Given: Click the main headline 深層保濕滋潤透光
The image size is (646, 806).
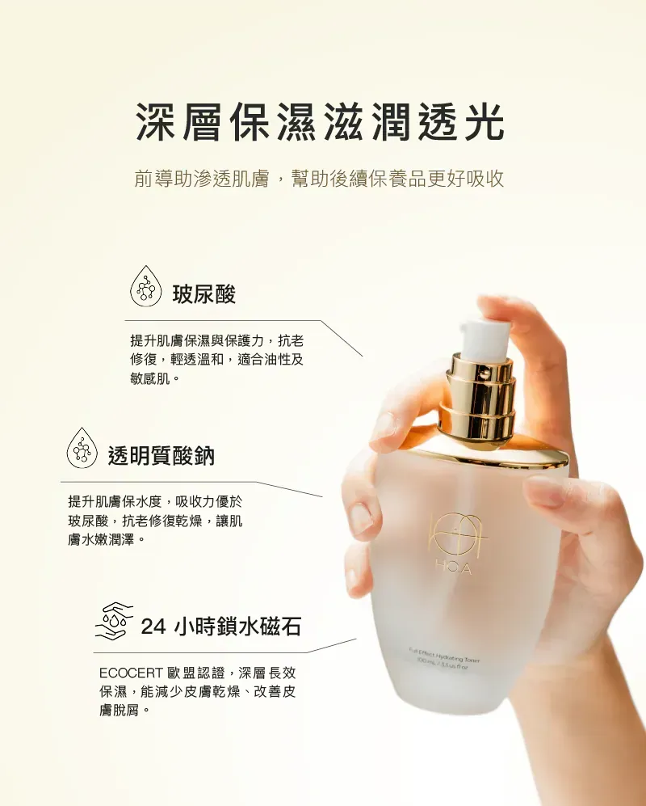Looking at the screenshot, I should coord(321,123).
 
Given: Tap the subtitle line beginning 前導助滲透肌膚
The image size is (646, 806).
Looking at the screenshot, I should coord(319,179).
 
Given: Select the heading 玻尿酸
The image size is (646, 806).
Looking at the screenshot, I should coord(203,293).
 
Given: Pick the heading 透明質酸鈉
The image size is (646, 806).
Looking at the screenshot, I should coord(161,454).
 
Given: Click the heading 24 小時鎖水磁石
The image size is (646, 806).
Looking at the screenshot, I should coord(220,627).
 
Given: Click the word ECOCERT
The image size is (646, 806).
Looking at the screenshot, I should coord(130,673).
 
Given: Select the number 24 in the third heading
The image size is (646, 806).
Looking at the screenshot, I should coord(154,627).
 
